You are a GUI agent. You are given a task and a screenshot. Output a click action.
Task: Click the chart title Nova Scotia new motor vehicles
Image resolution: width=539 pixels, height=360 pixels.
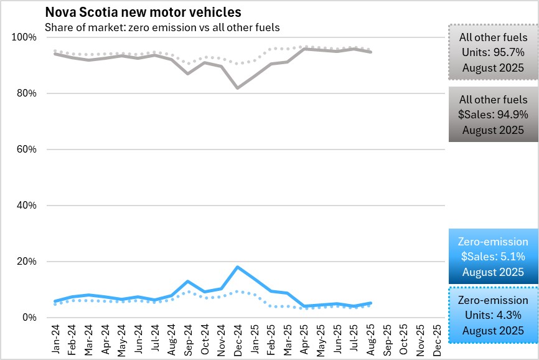[143, 12]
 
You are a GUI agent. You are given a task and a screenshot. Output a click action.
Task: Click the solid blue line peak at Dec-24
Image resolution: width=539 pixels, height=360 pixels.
[237, 267]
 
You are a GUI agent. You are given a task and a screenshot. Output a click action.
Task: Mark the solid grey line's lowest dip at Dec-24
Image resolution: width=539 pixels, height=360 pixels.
[237, 88]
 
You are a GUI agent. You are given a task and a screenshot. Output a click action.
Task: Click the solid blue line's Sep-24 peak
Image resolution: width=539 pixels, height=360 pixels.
[188, 282]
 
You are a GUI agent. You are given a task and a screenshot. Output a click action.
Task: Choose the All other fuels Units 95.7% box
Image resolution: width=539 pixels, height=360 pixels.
[493, 52]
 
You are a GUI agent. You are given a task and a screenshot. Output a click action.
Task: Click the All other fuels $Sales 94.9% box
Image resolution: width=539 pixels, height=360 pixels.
[493, 115]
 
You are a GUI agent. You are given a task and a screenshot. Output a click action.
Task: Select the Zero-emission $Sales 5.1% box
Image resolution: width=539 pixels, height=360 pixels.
[493, 257]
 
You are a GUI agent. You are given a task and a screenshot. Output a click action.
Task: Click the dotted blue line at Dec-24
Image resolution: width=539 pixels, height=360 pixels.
[237, 291]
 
